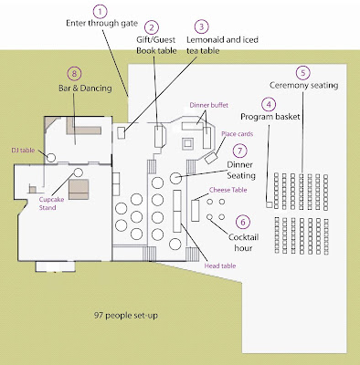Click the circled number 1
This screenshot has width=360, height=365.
pos(101,12)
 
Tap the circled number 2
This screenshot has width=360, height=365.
pos(152,27)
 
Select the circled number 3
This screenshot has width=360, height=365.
pos(201,26)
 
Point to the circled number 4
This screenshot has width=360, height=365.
pos(269,105)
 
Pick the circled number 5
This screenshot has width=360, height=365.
pos(303,73)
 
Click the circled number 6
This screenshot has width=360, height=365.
pos(243,222)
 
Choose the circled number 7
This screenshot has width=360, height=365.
pos(240,151)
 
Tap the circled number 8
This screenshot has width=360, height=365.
pos(74,74)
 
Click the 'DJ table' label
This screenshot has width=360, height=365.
pos(23,151)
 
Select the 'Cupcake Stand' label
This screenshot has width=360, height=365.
pos(51,203)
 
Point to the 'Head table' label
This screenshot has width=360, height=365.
pos(220,266)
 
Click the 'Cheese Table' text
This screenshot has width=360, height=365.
pos(228,190)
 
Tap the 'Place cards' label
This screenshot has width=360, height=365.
pos(238,134)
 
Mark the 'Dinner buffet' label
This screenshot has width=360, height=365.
pos(209,105)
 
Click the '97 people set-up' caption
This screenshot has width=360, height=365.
pos(126,316)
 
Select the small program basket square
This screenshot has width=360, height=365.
pos(270,204)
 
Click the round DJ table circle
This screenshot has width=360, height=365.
pos(51,158)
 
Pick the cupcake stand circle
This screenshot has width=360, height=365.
pos(79,172)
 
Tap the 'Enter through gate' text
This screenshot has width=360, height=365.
pos(102,24)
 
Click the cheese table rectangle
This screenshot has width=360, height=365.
pos(195,211)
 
